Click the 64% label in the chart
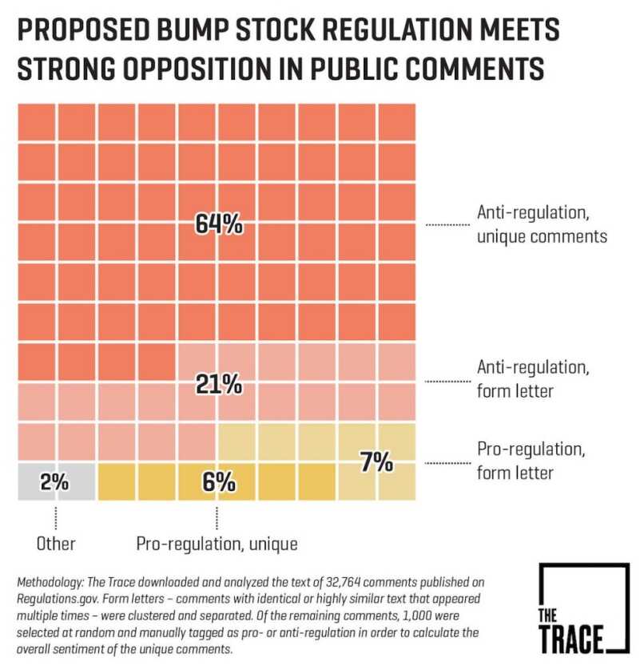218,225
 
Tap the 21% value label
218,386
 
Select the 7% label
376,461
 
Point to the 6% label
218,482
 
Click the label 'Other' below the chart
56,544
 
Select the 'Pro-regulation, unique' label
217,544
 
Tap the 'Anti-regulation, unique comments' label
542,224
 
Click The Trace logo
582,609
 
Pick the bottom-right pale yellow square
396,481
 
